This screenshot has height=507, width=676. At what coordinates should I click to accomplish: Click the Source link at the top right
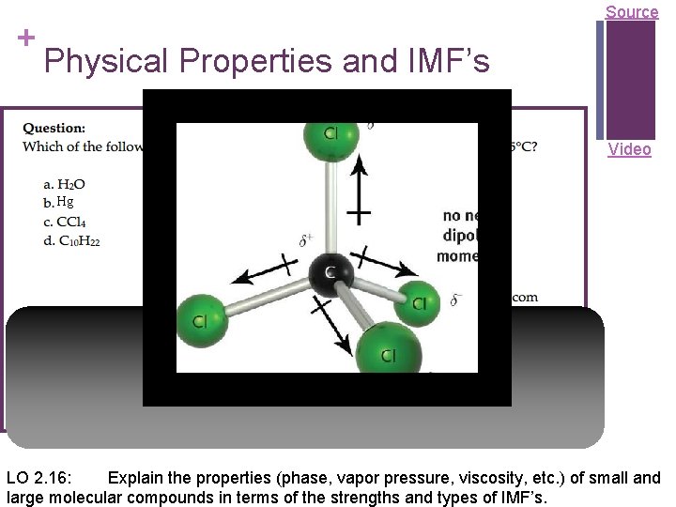tap(631, 12)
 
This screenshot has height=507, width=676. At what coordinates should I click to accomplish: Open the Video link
tap(629, 149)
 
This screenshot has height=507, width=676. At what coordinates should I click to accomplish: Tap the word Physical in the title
tap(103, 62)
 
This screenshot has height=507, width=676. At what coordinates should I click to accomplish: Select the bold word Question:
tap(54, 128)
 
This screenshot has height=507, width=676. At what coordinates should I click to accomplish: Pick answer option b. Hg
tap(58, 202)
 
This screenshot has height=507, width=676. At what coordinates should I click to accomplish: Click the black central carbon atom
tap(330, 273)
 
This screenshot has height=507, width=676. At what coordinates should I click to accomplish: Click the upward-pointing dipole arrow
tap(359, 192)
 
